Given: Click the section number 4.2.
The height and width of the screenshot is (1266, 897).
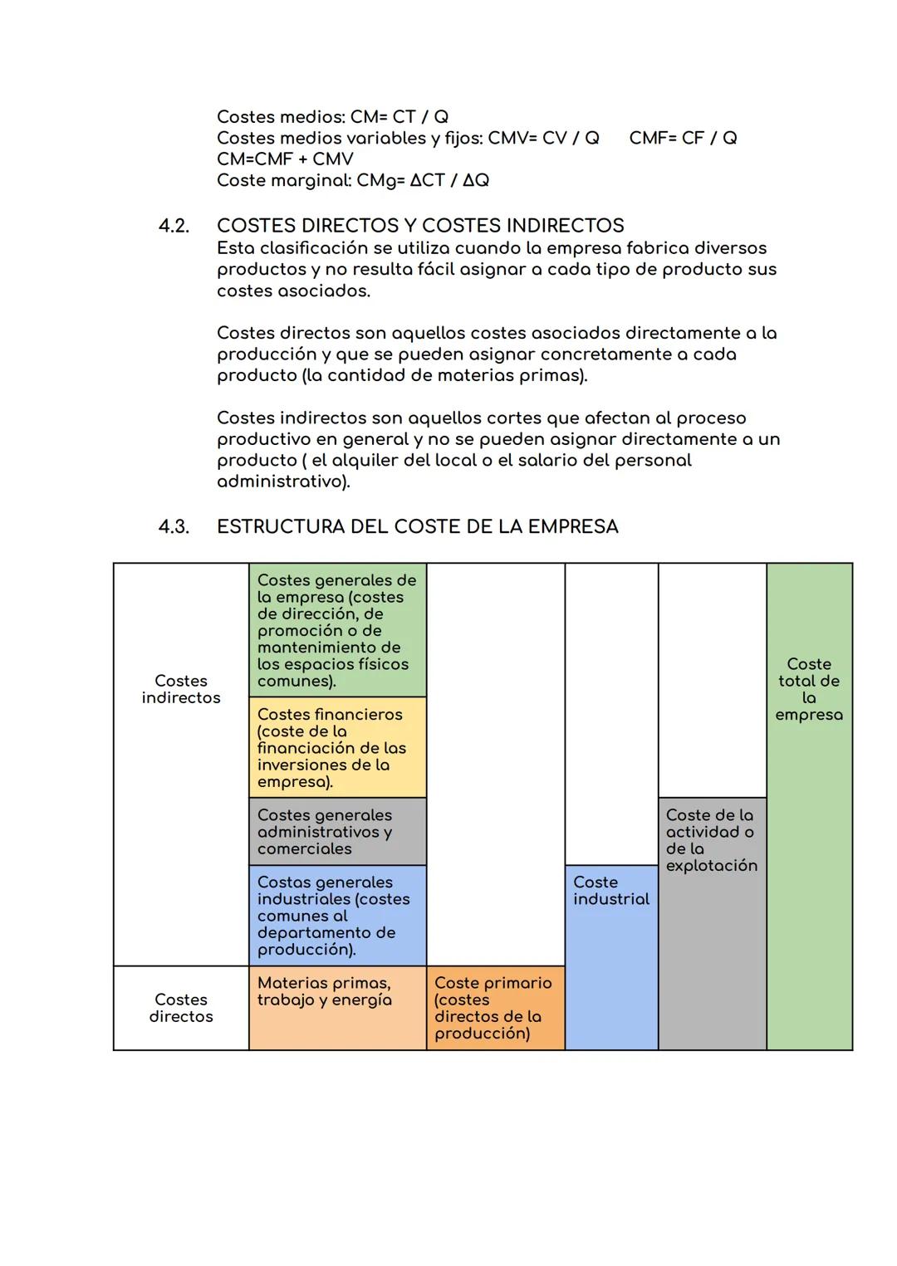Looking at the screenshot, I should pos(174,226).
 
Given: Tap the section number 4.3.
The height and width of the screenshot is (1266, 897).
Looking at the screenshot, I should pos(174,527).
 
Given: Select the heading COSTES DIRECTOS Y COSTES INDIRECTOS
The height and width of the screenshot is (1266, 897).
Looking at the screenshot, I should pos(420,226).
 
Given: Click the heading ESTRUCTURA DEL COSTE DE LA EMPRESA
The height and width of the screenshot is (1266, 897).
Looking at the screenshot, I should pos(417,527).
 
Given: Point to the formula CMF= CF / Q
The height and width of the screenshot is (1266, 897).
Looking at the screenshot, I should pos(683,138).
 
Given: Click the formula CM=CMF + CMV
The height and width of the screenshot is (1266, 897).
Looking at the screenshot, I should pos(285,159).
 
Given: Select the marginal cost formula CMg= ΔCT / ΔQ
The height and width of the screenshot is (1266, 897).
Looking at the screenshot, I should pos(422,181).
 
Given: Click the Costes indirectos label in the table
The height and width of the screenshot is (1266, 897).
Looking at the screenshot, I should pos(181,690).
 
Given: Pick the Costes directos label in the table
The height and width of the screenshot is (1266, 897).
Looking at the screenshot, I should pos(181,1009).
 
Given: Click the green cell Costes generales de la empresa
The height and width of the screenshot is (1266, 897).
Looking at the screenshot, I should pos(337,631).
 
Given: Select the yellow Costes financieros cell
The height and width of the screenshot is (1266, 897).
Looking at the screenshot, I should pos(337,748).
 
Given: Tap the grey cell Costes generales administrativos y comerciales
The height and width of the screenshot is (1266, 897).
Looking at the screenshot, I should pos(337,832).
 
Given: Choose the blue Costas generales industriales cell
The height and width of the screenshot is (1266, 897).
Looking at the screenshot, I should pos(337,916).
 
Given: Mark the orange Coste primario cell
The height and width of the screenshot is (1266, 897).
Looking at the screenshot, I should pos(495,1009).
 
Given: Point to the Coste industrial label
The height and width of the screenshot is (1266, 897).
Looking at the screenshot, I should pos(611,891).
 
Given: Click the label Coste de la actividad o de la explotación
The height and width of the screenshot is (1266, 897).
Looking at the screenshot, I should pos(711,840).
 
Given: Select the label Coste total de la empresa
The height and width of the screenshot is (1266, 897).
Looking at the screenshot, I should pos(809,690).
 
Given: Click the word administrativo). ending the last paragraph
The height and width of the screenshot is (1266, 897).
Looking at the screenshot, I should pos(283,482).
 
